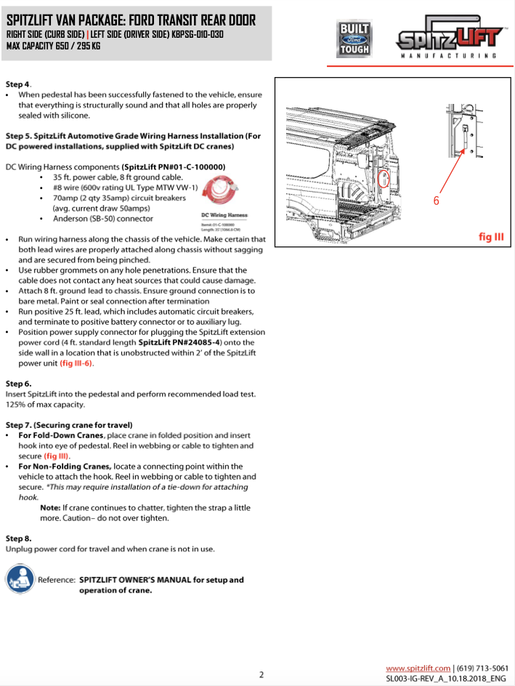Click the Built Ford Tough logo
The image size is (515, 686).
(x=354, y=39)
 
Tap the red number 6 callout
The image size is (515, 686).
(x=436, y=201)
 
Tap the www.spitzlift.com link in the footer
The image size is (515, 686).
(x=418, y=668)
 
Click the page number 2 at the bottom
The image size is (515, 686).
(x=261, y=674)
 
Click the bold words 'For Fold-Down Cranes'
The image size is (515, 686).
(x=61, y=435)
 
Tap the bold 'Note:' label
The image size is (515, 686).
(x=50, y=507)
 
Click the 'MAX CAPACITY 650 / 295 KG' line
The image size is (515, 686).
(x=53, y=46)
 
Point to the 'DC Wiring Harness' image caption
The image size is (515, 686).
(x=224, y=216)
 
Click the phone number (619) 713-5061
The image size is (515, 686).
(x=483, y=668)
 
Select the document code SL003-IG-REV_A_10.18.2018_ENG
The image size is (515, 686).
(x=446, y=678)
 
